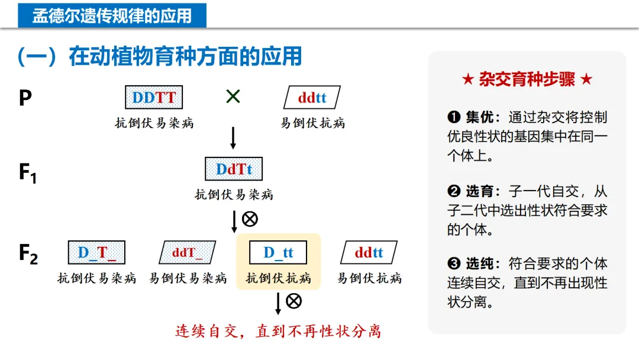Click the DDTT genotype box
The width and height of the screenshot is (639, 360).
point(154,98)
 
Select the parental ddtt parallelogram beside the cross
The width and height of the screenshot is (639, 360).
point(312,98)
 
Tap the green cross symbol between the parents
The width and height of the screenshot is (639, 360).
point(233,96)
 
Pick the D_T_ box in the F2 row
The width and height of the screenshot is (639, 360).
point(96,253)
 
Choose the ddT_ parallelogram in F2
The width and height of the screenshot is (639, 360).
point(187,253)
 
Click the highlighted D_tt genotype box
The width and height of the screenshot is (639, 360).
point(278,253)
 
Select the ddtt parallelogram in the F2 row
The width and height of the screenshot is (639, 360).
point(369,253)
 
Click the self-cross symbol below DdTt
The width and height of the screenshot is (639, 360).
point(250,219)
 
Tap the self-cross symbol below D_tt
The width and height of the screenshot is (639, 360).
point(293,301)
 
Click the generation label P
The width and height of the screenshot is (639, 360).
point(25,98)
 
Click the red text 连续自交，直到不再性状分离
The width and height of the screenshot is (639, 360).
point(278,331)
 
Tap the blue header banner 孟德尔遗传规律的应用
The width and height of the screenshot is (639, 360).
point(112,15)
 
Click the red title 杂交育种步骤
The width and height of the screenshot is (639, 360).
point(527,80)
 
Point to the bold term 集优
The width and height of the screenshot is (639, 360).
point(483,117)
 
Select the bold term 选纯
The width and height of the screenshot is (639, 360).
point(483,264)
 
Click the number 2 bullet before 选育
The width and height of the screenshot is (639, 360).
point(454,191)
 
